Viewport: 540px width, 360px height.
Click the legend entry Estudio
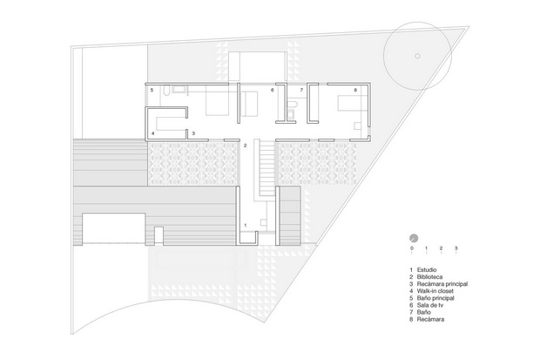(423, 269)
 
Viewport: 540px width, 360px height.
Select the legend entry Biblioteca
(426, 277)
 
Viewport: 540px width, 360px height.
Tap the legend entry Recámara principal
(438, 284)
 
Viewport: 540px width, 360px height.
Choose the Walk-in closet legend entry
(431, 291)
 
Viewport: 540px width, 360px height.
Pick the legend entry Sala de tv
(427, 305)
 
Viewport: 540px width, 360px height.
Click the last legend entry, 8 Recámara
(427, 319)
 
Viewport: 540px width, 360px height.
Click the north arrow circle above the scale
(414, 238)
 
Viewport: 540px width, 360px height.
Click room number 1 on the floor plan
(246, 225)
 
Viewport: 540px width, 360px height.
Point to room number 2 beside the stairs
(246, 146)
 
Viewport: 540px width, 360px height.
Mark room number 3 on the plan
(193, 133)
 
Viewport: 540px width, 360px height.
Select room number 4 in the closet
(152, 133)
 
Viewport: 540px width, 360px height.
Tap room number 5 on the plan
(152, 90)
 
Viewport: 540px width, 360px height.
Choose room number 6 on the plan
(272, 90)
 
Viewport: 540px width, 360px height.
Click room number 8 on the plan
(355, 90)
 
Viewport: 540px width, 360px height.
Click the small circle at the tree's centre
(417, 56)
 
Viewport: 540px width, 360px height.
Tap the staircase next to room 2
(267, 166)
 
